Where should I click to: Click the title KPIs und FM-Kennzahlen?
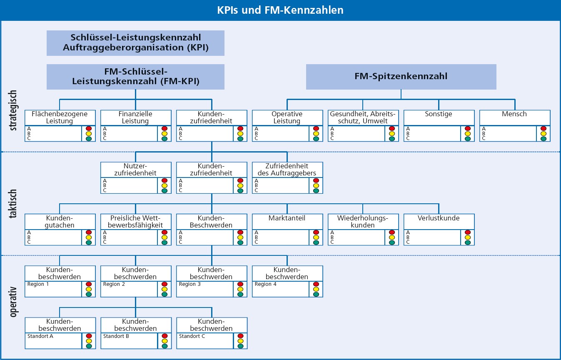pyautogui.click(x=280, y=10)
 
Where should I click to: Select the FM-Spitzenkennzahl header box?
pyautogui.click(x=401, y=76)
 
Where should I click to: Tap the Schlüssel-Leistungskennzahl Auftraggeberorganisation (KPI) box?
pyautogui.click(x=135, y=42)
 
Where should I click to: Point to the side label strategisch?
pyautogui.click(x=13, y=111)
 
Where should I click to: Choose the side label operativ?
pyautogui.click(x=13, y=302)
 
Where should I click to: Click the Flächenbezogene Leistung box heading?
pyautogui.click(x=60, y=117)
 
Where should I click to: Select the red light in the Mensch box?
pyautogui.click(x=544, y=129)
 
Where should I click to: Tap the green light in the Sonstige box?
pyautogui.click(x=468, y=139)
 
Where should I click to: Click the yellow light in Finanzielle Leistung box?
pyautogui.click(x=165, y=134)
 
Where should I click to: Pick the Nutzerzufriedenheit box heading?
pyautogui.click(x=136, y=169)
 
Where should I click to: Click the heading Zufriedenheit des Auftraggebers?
pyautogui.click(x=287, y=169)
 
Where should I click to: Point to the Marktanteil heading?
pyautogui.click(x=287, y=218)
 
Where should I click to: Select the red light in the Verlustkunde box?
pyautogui.click(x=468, y=232)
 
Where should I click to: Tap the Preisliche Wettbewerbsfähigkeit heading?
pyautogui.click(x=136, y=221)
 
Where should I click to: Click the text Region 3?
pyautogui.click(x=190, y=284)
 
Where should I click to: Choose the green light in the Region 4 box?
pyautogui.click(x=316, y=294)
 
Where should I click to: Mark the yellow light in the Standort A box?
pyautogui.click(x=89, y=341)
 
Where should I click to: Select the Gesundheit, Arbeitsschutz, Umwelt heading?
pyautogui.click(x=363, y=117)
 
